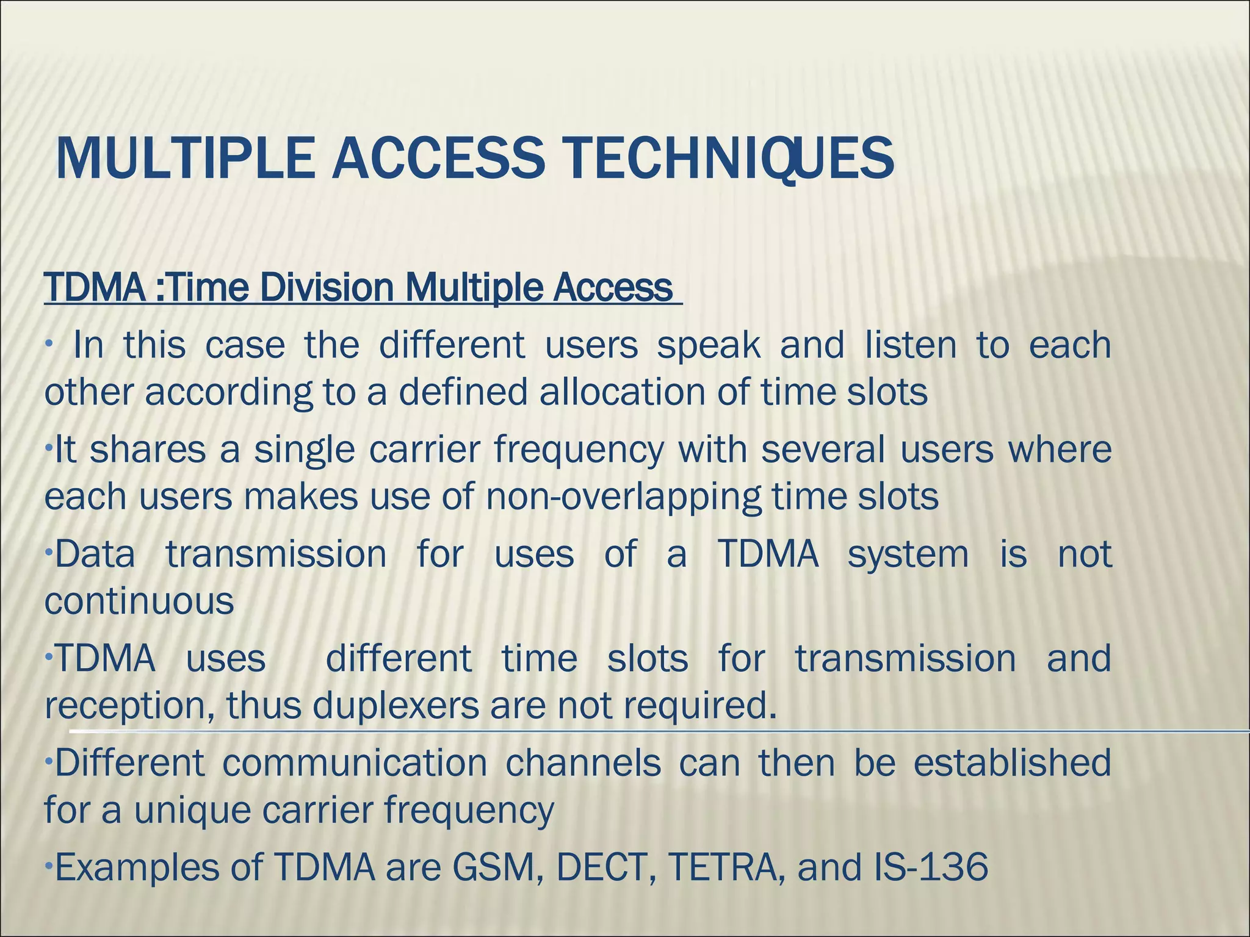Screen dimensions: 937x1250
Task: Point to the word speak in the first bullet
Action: click(709, 345)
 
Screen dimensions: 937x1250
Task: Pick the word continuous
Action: click(139, 601)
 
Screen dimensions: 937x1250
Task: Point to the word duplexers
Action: click(396, 706)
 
